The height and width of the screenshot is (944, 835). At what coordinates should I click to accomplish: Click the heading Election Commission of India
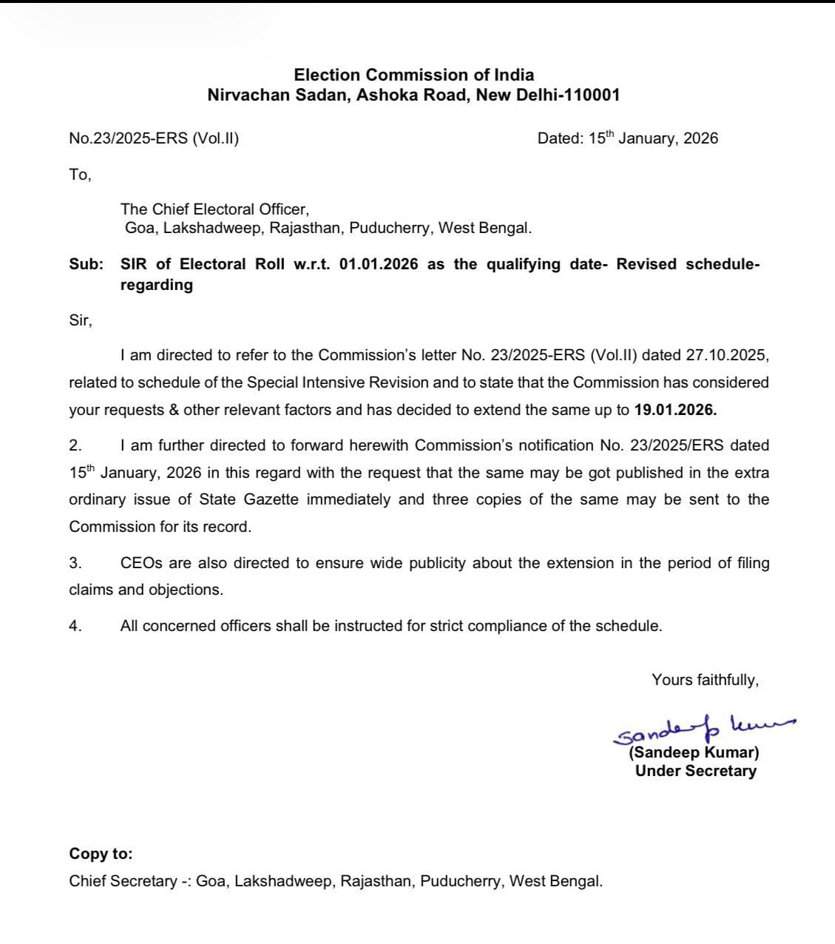413,75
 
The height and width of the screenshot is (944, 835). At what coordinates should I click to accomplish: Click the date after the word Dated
653,138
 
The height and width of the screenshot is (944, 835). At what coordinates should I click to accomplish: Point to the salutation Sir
80,320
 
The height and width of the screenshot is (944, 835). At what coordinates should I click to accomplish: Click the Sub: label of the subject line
87,264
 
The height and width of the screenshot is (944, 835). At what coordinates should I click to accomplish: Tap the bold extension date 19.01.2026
675,409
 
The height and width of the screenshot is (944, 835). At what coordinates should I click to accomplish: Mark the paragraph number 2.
75,445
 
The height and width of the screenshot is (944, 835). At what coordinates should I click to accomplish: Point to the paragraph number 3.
75,563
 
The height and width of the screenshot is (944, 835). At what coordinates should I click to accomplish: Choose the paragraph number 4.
75,626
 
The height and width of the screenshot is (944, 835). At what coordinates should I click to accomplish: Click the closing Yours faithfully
705,679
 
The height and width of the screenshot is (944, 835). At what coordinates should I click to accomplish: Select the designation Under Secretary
695,771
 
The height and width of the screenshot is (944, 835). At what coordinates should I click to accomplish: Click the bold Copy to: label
101,854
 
